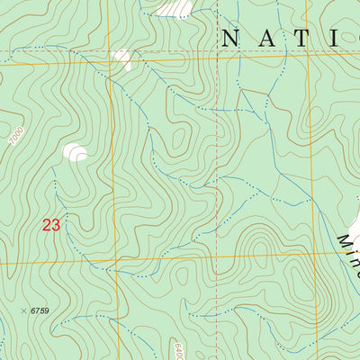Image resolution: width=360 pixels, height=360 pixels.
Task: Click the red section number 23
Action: pyautogui.click(x=50, y=225)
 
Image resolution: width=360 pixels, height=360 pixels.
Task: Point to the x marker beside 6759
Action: pyautogui.click(x=23, y=310)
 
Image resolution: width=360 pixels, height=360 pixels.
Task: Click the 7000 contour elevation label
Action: pyautogui.click(x=13, y=140)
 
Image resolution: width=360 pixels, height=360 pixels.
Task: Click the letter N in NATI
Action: pyautogui.click(x=229, y=38)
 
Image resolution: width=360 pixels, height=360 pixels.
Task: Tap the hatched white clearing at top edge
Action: pyautogui.click(x=175, y=8)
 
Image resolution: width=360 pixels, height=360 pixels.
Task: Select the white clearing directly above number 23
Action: pyautogui.click(x=76, y=153)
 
